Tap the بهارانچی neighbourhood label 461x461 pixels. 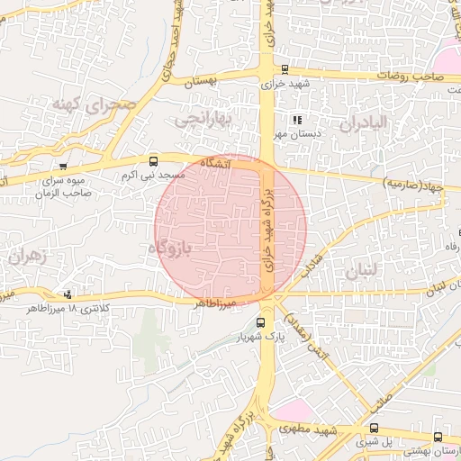[203, 118]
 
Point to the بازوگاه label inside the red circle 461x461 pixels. [168, 246]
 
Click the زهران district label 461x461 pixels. [25, 257]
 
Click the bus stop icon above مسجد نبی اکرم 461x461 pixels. [152, 161]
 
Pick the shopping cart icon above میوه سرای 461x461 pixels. [62, 167]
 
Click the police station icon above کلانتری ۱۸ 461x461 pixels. [68, 294]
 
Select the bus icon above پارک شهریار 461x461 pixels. [260, 322]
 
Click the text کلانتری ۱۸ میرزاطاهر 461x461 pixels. [68, 308]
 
